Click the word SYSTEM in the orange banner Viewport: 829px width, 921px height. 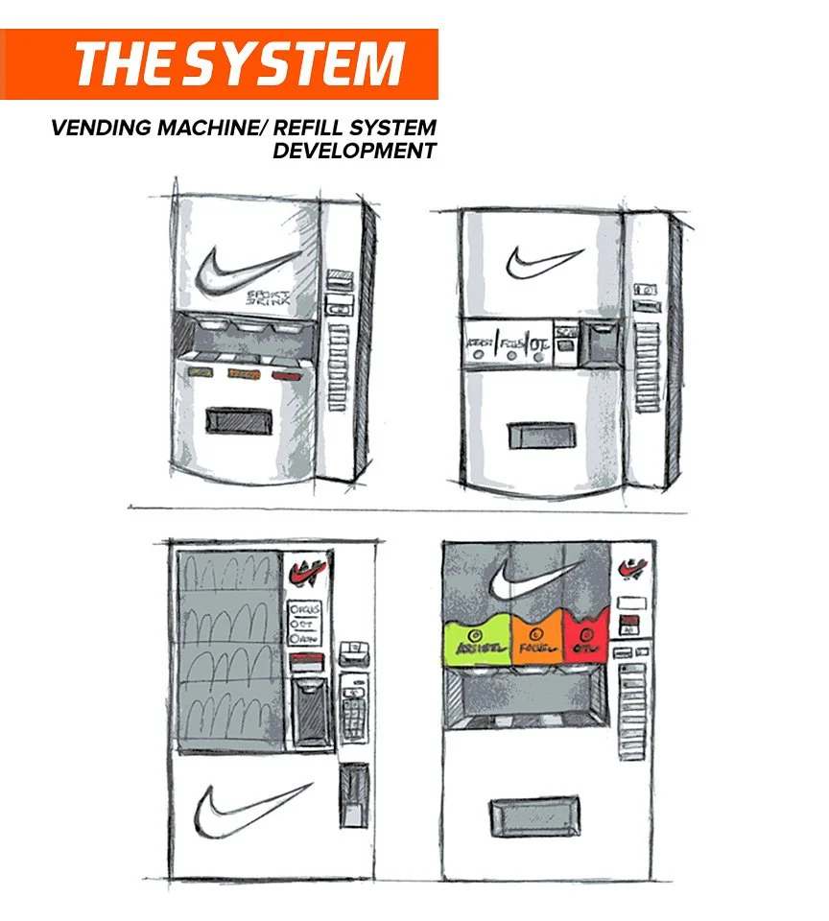(x=294, y=64)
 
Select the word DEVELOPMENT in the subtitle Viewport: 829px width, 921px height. (x=354, y=151)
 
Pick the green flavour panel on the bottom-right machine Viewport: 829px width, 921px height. (x=475, y=641)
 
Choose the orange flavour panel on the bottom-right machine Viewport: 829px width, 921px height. (x=538, y=640)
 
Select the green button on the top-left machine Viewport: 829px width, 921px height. (x=201, y=371)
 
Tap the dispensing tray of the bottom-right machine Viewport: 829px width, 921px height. (x=534, y=818)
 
